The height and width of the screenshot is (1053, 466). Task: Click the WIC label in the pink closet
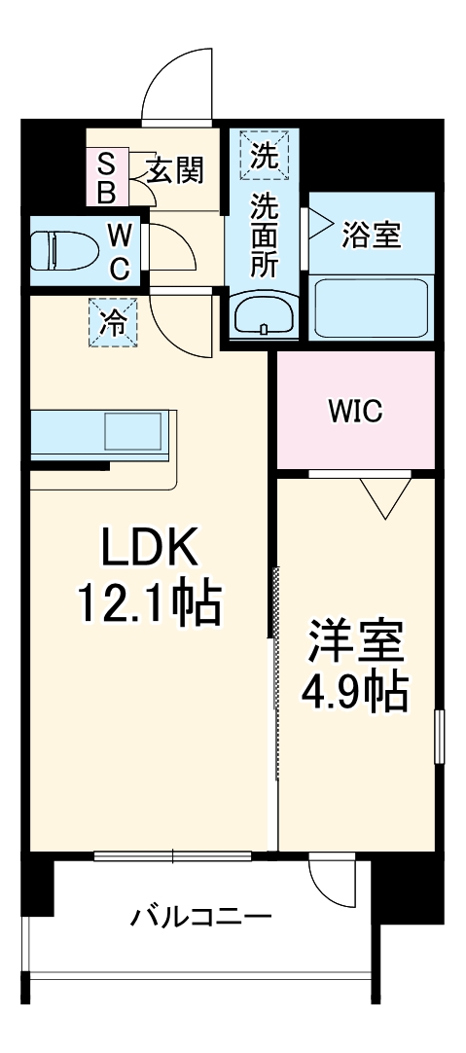click(x=354, y=411)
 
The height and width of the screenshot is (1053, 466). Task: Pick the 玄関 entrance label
click(x=176, y=171)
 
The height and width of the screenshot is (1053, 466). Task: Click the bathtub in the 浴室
click(x=371, y=305)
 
